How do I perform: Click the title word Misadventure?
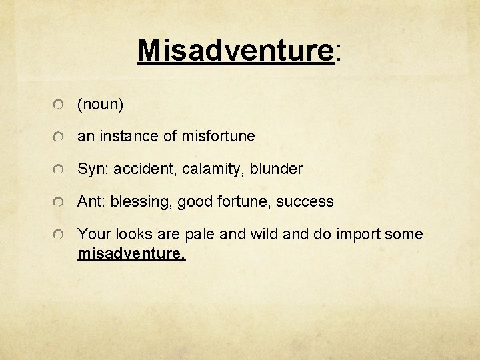235,49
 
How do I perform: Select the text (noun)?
101,104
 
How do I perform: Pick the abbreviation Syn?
93,169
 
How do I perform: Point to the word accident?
142,169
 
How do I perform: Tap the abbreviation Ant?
92,201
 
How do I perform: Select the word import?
361,234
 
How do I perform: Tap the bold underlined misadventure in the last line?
131,254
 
